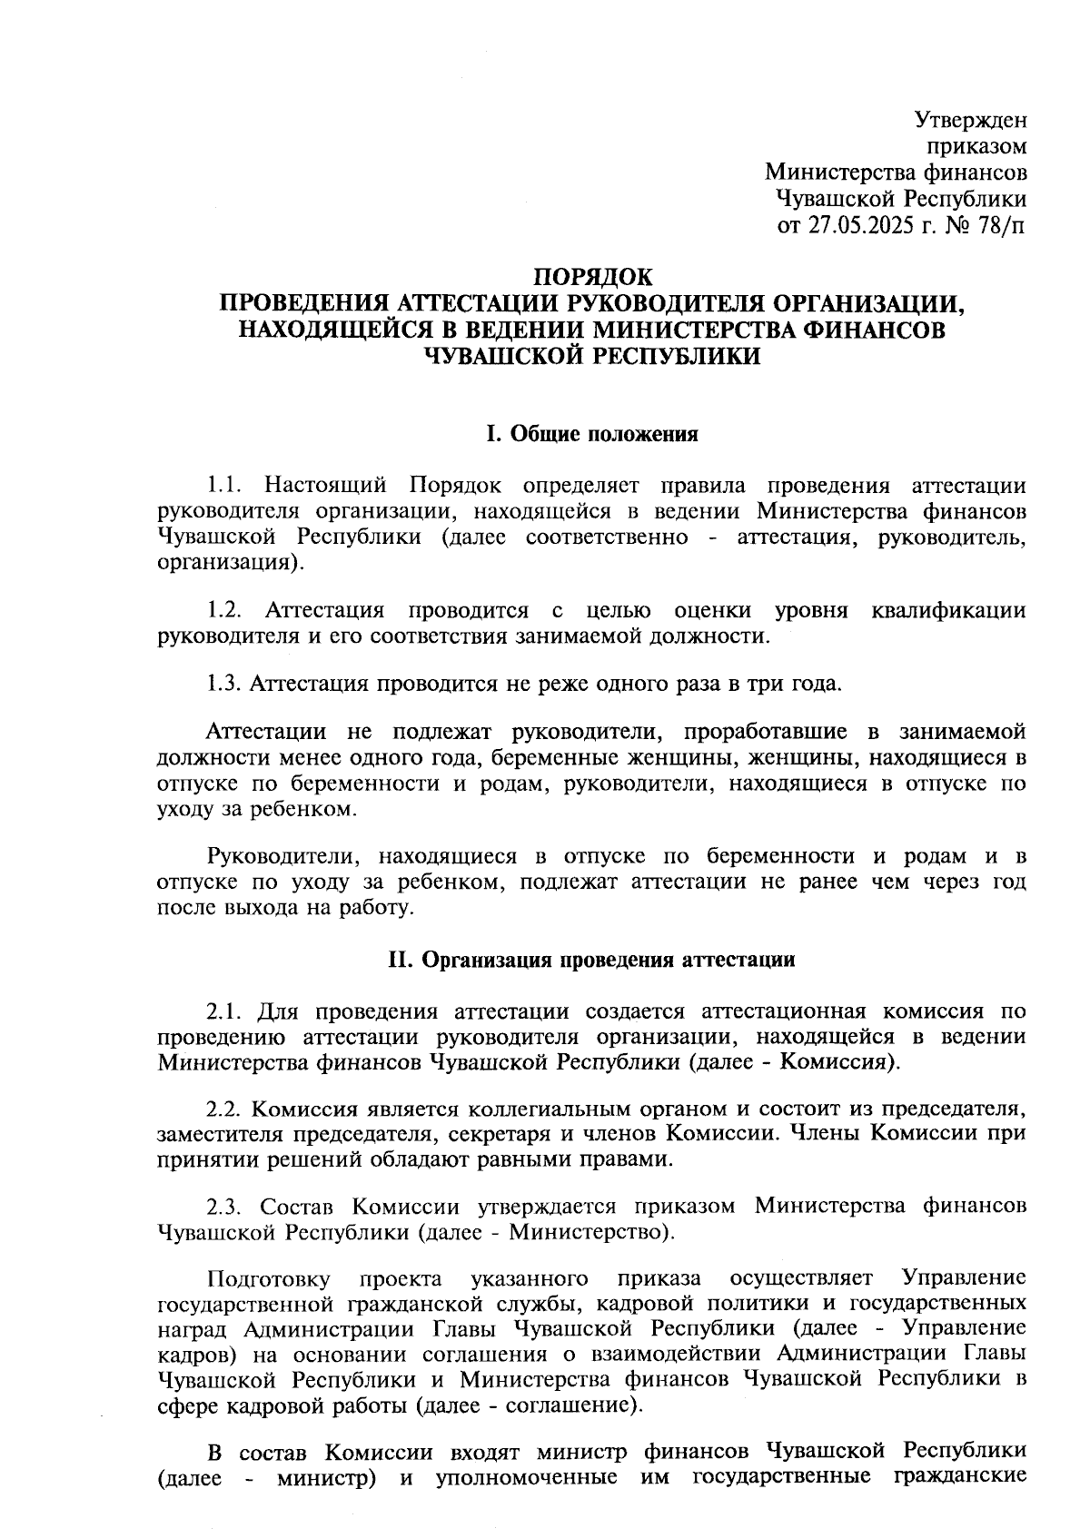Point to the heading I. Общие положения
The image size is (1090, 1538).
(591, 434)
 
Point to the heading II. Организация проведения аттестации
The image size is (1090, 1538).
(591, 961)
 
